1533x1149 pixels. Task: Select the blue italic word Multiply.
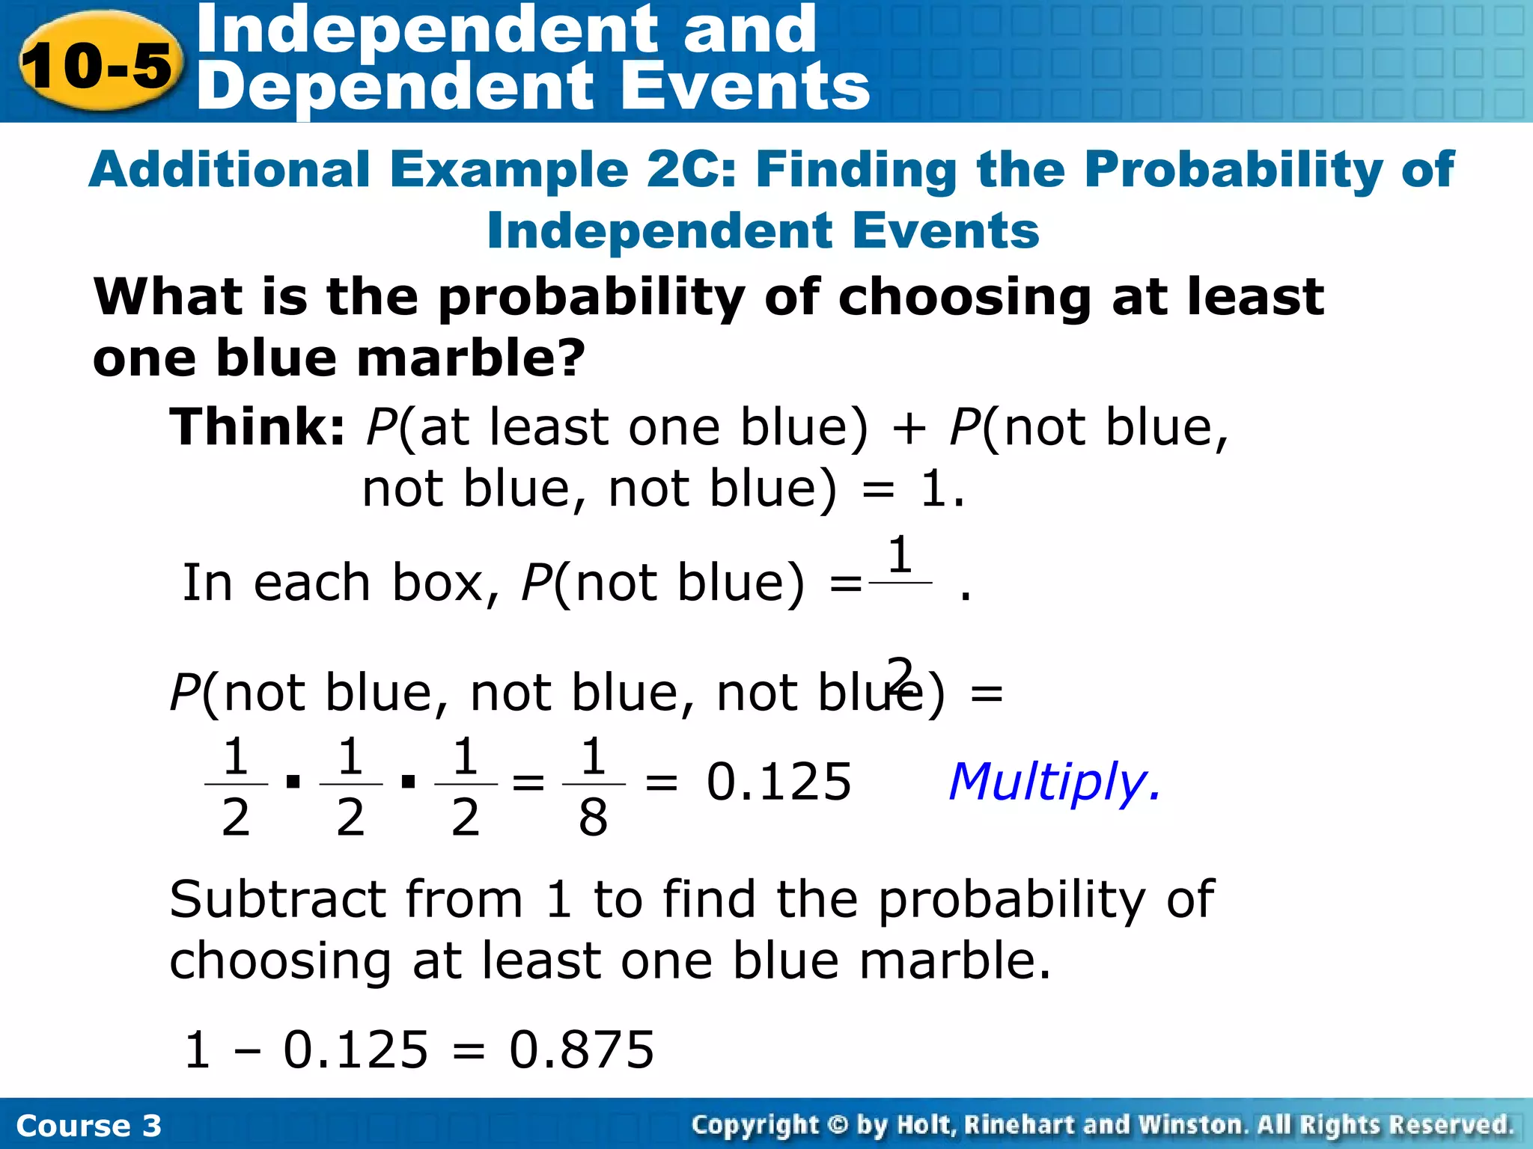1054,782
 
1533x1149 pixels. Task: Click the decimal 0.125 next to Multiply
778,782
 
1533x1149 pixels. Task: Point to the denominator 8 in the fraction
593,818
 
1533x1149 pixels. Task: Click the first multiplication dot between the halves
293,782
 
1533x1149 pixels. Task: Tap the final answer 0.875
582,1050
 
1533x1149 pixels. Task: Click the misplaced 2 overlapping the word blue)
900,672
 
